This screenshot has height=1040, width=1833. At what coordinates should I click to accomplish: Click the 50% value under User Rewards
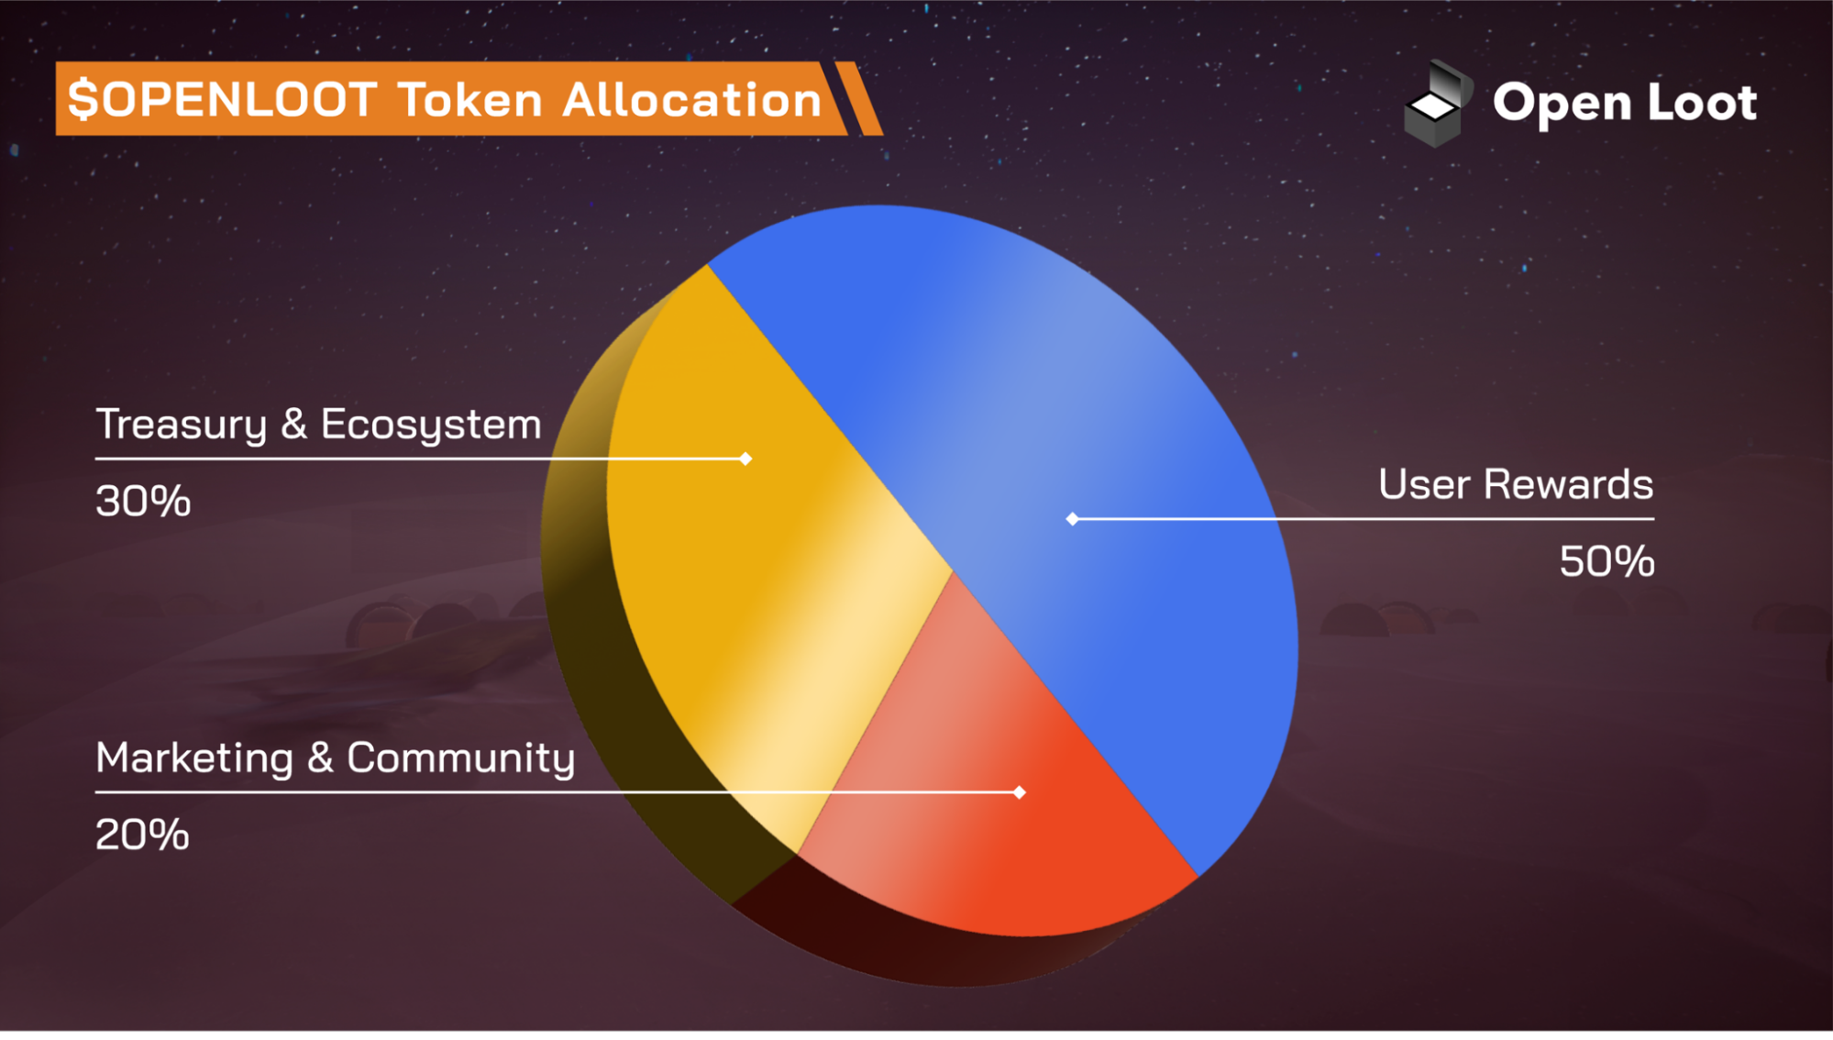coord(1607,561)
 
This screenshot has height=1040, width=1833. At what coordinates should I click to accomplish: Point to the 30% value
coord(143,502)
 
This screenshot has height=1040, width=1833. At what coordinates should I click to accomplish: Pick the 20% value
coord(142,835)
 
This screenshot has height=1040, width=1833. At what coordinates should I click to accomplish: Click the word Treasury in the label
coord(181,425)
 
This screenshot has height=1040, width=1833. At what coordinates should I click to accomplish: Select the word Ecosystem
coord(431,425)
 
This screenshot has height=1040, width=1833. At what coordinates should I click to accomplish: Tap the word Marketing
coord(194,758)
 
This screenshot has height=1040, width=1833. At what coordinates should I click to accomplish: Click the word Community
coord(460,758)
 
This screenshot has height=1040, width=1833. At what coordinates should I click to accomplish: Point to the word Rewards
coord(1568,484)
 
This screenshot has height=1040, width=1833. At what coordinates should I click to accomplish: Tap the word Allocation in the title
coord(692,99)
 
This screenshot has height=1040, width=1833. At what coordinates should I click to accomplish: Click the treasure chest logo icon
coord(1437,104)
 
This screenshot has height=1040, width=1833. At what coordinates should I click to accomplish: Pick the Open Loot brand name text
coord(1624,103)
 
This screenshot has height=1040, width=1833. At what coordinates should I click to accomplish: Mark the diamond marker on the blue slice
coord(1072,519)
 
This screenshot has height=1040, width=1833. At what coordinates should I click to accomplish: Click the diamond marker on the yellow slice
coord(745,459)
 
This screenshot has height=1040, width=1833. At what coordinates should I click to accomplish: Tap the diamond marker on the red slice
coord(1020,792)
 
